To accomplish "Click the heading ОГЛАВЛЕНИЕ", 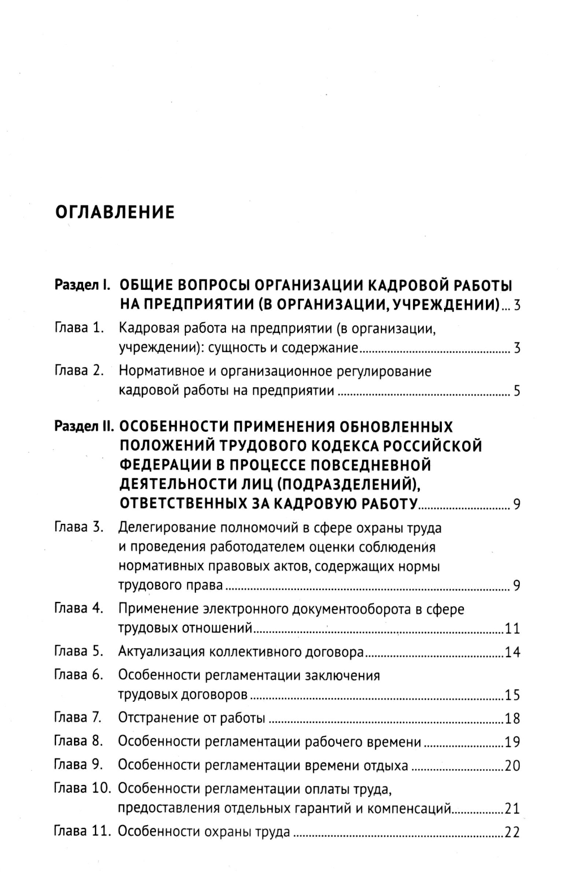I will click(x=115, y=212).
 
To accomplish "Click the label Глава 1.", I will click(x=79, y=328).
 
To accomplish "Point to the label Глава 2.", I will click(x=79, y=371).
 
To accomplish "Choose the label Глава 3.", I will click(x=79, y=527).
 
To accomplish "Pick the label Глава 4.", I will click(x=79, y=609).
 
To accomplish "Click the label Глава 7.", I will click(x=77, y=718).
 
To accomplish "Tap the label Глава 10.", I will click(x=82, y=788).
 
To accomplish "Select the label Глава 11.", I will click(x=82, y=831).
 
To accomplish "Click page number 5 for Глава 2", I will click(x=516, y=391).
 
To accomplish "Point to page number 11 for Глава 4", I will click(x=512, y=629).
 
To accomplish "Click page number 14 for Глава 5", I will click(x=512, y=653).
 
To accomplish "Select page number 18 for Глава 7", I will click(x=512, y=719).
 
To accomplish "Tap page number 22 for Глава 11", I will click(x=512, y=832).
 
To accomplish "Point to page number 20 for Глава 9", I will click(x=512, y=766).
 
